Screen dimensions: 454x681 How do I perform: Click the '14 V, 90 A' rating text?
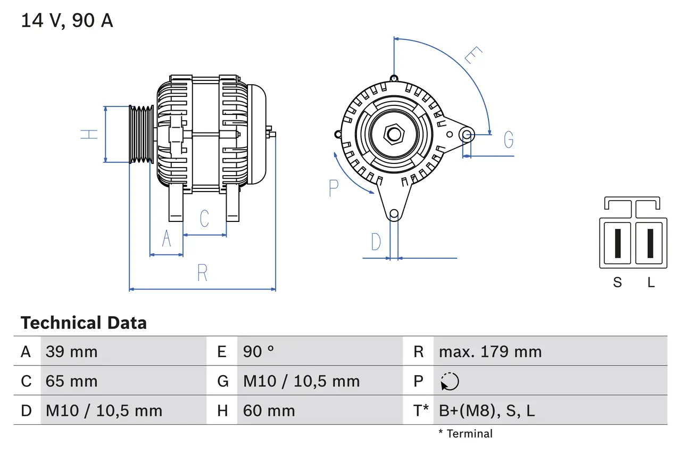pyautogui.click(x=67, y=20)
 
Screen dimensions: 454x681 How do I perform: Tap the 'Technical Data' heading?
pyautogui.click(x=84, y=323)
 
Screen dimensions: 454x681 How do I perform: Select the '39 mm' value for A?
pyautogui.click(x=72, y=351)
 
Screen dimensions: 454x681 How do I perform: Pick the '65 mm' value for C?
pyautogui.click(x=72, y=381)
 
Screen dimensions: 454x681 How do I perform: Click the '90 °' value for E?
pyautogui.click(x=259, y=351)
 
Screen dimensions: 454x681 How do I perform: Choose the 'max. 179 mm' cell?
pyautogui.click(x=490, y=351)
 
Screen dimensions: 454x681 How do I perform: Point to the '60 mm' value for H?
pyautogui.click(x=269, y=410)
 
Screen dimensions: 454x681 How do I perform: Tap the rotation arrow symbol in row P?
pyautogui.click(x=450, y=381)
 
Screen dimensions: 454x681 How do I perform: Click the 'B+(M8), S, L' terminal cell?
pyautogui.click(x=486, y=410)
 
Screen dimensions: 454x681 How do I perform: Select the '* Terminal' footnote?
pyautogui.click(x=466, y=433)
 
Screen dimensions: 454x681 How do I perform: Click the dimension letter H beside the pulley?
pyautogui.click(x=90, y=134)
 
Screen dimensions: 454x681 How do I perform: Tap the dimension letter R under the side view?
pyautogui.click(x=202, y=273)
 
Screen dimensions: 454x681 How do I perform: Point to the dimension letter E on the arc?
pyautogui.click(x=473, y=55)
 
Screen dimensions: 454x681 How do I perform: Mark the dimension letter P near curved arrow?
pyautogui.click(x=334, y=188)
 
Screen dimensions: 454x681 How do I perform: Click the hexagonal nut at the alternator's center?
pyautogui.click(x=394, y=134)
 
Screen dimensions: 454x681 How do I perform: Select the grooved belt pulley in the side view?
pyautogui.click(x=142, y=134)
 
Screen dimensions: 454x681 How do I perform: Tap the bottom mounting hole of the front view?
pyautogui.click(x=394, y=214)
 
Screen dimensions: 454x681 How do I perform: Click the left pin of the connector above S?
pyautogui.click(x=617, y=243)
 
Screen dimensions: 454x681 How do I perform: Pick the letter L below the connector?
pyautogui.click(x=651, y=282)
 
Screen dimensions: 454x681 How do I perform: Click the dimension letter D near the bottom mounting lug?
pyautogui.click(x=376, y=242)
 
